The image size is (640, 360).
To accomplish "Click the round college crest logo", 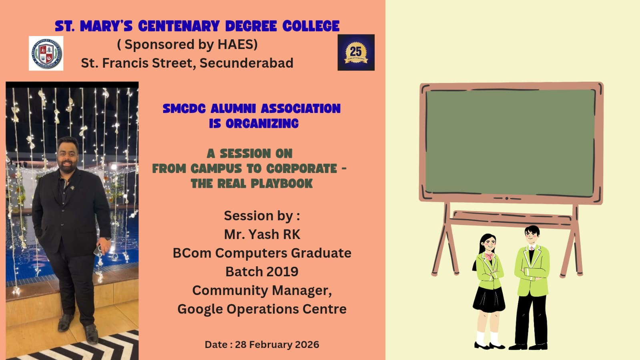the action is (x=46, y=54).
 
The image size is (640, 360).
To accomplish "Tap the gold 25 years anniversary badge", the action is (x=356, y=52).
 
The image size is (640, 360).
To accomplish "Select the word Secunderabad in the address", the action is (x=246, y=63).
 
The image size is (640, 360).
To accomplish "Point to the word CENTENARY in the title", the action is (x=179, y=26).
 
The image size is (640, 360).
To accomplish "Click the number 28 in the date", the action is (x=241, y=344).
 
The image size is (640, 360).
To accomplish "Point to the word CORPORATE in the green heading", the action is (x=302, y=169).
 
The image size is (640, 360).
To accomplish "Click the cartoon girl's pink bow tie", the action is (x=489, y=255).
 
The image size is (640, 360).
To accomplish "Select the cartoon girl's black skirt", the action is (x=489, y=299).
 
